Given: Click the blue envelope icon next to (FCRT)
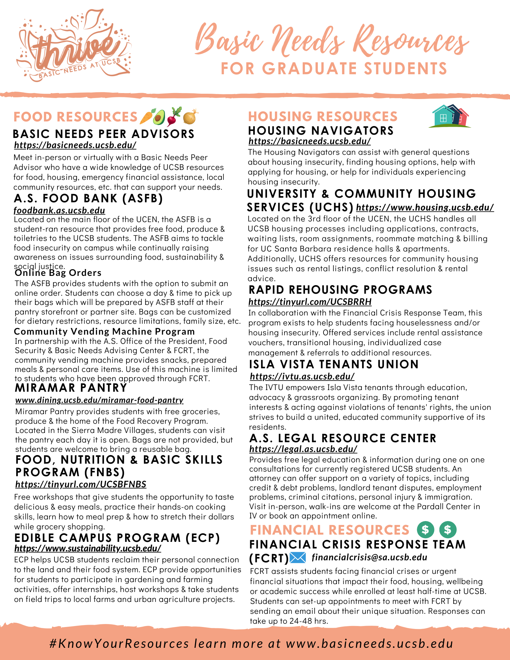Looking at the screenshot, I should pos(298,558).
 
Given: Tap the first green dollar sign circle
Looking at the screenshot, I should pos(425,529).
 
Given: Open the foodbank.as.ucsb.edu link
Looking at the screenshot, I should pos(59,211).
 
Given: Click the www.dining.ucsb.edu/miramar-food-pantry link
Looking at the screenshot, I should pos(99,400).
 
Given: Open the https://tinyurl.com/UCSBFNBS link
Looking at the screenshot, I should pos(81,484).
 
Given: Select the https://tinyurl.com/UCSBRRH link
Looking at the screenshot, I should pos(310,302).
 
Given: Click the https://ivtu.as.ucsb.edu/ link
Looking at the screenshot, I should pos(302,376).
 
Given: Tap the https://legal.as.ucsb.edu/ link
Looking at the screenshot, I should pos(303,449).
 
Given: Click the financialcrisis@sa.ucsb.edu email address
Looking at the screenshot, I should pos(369,557).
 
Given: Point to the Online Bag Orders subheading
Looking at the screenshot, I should pos(58,273).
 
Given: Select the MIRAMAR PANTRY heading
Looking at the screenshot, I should pos(71,387).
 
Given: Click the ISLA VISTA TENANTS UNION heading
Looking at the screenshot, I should pos(334,364).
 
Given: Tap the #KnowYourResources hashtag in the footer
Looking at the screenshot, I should pos(119,643).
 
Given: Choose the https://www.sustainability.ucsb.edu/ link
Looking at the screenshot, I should pos(88,548).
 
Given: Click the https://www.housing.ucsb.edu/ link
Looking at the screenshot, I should pos(425,207).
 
